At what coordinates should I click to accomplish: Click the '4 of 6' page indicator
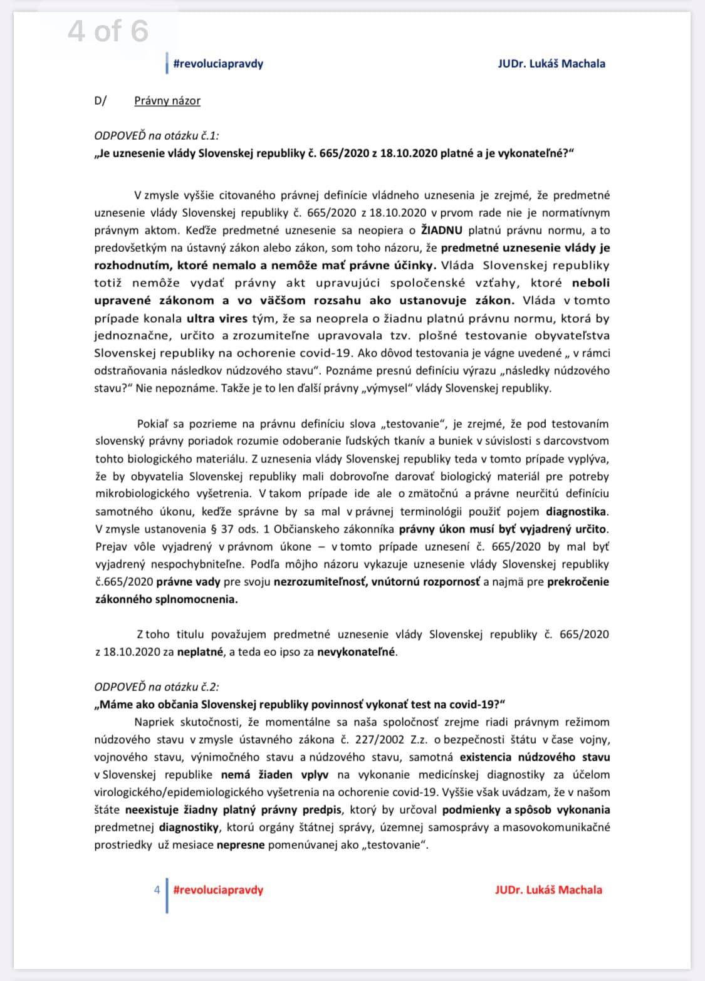pos(108,31)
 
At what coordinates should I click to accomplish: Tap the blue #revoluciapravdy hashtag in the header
pos(217,63)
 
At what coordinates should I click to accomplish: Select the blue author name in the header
pos(551,63)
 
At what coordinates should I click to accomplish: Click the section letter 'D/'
pos(101,100)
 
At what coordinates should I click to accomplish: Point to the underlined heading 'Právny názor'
pos(167,100)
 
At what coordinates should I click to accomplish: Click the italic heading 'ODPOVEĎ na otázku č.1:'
pos(157,135)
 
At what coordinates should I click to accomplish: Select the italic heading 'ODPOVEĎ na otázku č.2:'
pos(157,687)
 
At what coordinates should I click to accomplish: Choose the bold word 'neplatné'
pos(200,651)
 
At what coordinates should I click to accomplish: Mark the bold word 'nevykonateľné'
pos(357,651)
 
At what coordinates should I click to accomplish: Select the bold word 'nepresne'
pos(240,844)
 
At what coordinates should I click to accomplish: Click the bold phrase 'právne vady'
pos(188,581)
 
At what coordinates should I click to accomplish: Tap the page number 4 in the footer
pos(157,890)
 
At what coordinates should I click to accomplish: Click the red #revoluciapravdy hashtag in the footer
pos(217,890)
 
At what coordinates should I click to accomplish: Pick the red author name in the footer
pos(548,890)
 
